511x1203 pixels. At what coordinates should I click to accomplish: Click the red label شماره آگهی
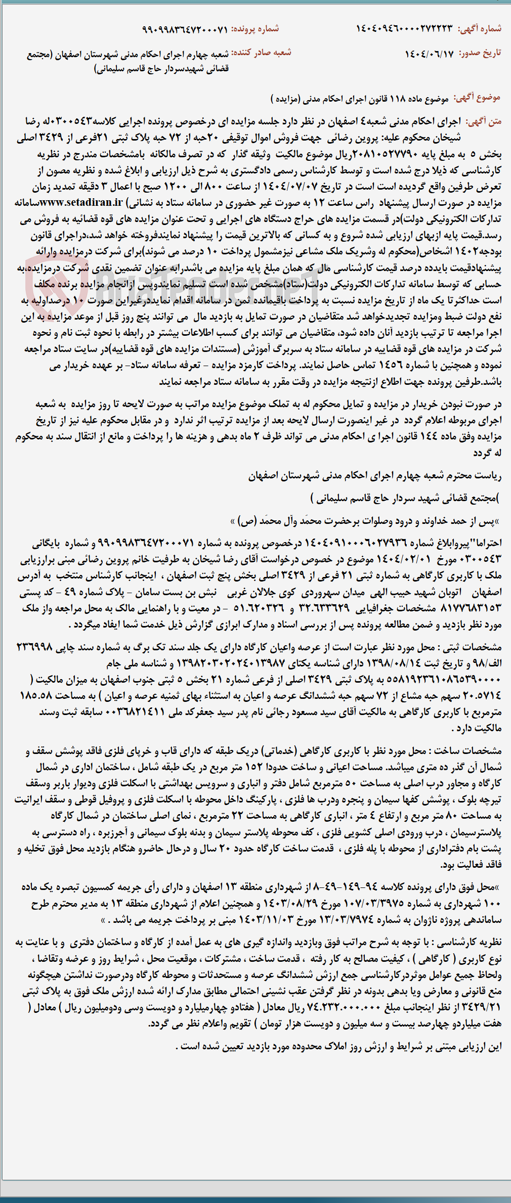coord(480,29)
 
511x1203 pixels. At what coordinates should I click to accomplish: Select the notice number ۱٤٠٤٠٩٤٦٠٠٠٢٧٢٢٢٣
coord(404,29)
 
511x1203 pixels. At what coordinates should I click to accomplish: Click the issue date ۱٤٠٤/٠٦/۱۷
coord(429,54)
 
